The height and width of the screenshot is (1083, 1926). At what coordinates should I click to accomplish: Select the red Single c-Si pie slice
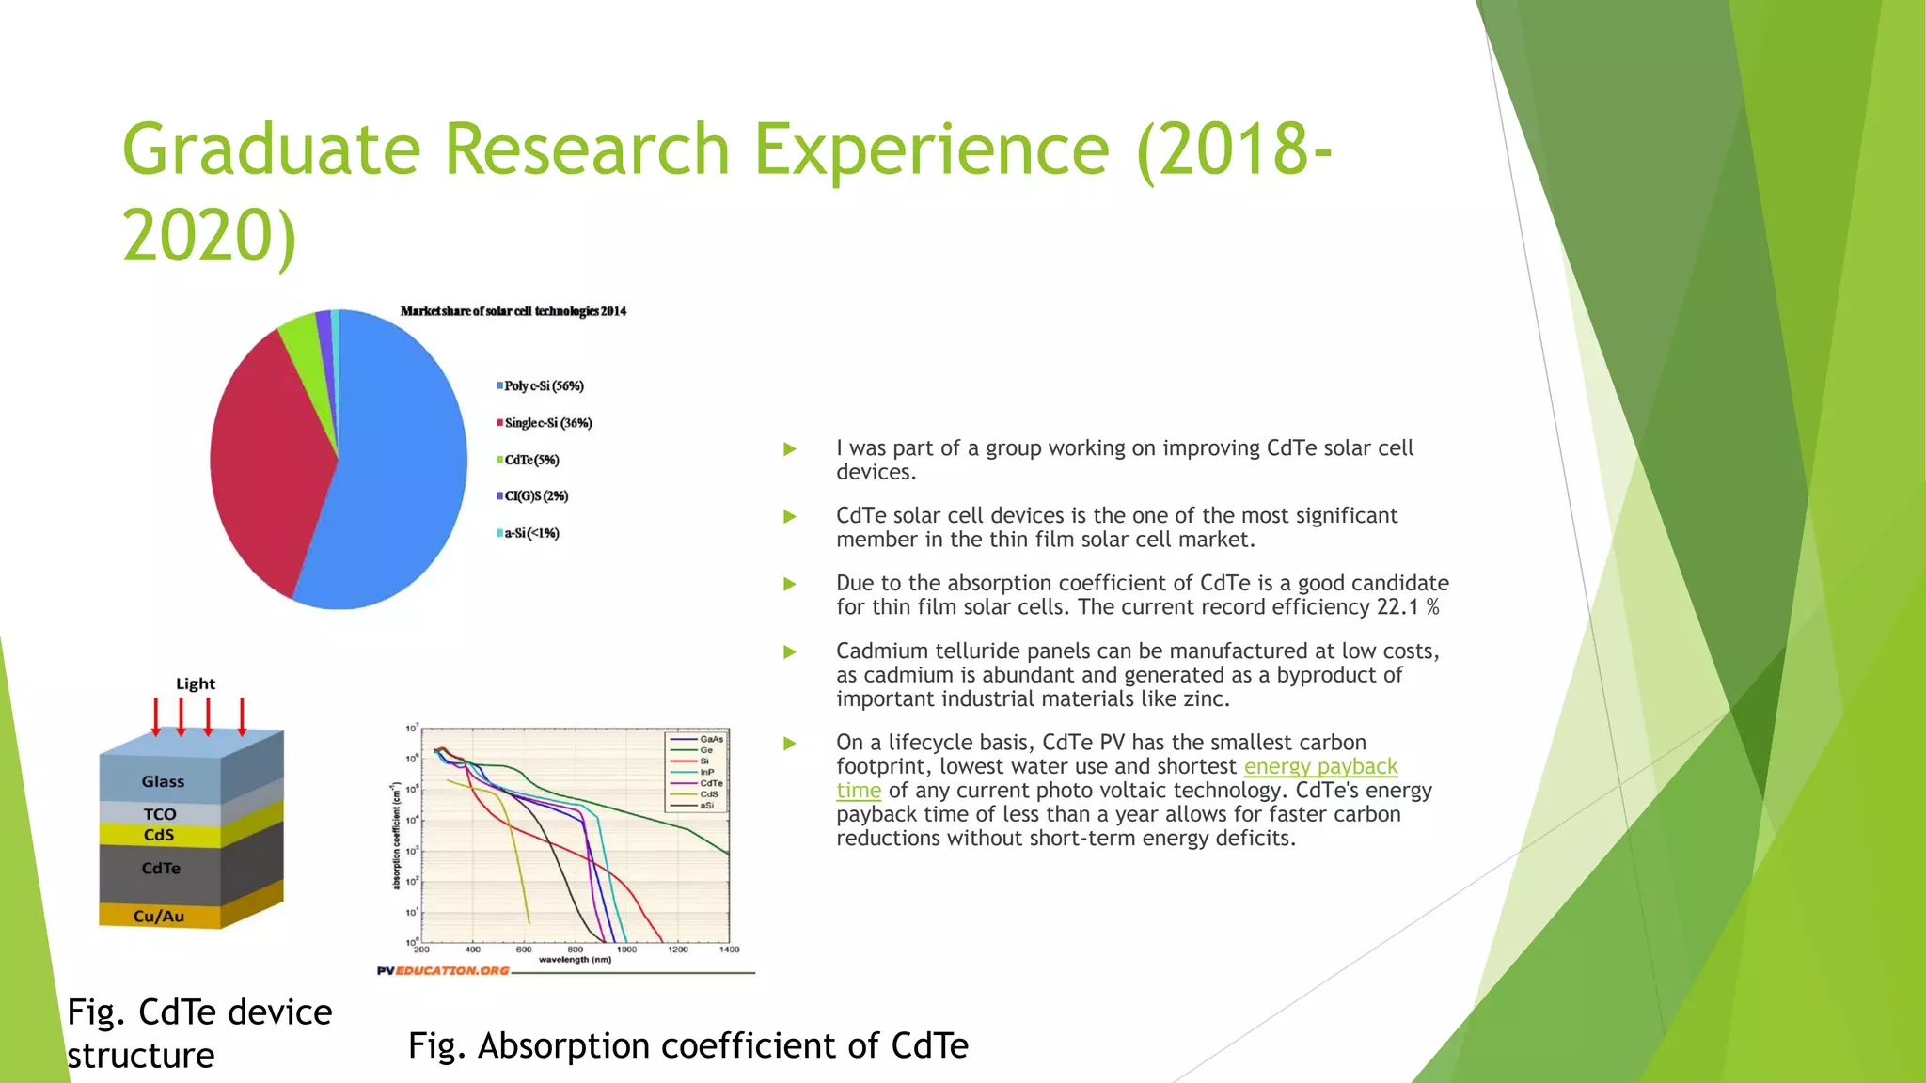(x=263, y=461)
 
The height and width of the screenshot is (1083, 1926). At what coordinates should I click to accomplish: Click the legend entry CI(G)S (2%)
(x=535, y=496)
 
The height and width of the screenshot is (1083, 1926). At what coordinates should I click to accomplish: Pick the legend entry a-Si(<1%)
(x=530, y=533)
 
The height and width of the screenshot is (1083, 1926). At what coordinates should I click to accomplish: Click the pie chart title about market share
(x=513, y=311)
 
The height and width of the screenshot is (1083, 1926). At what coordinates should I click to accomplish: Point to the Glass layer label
(x=163, y=781)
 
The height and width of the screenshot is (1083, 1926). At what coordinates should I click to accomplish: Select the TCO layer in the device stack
(x=160, y=814)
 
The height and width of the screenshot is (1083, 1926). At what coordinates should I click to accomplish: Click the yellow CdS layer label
(x=159, y=835)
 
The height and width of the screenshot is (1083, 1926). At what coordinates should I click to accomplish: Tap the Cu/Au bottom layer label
(x=159, y=916)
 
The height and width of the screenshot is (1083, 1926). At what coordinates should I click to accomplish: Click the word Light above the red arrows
(x=196, y=683)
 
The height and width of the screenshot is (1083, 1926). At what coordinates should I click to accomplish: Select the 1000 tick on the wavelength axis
(x=626, y=950)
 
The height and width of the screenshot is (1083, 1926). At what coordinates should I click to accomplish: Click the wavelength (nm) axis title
(x=575, y=960)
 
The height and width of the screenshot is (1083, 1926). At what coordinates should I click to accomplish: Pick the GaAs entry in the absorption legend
(x=711, y=739)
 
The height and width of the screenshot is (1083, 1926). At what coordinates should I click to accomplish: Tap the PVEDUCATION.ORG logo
(x=443, y=970)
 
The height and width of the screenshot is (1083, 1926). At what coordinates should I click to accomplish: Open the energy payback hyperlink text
(x=1320, y=766)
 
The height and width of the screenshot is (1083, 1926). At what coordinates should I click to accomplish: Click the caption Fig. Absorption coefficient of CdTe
(x=687, y=1045)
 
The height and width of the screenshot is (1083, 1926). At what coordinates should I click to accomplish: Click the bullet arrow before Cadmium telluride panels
(x=790, y=651)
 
